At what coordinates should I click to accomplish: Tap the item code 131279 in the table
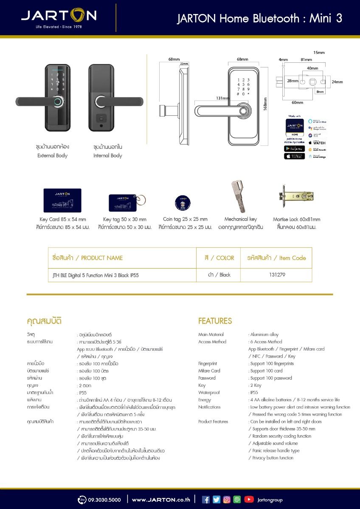[x=277, y=275]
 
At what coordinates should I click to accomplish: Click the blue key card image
[x=62, y=200]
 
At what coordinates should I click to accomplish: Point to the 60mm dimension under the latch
[x=297, y=103]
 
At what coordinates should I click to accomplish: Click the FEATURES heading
[x=215, y=321]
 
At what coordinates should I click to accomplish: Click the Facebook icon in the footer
[x=206, y=500]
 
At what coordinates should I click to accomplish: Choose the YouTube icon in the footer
[x=249, y=500]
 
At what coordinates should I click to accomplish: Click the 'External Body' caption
[x=52, y=156]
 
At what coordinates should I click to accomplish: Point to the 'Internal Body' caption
[x=108, y=156]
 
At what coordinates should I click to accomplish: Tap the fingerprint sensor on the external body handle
[x=58, y=102]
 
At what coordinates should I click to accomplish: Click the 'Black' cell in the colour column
[x=219, y=275]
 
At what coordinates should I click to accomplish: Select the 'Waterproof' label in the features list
[x=209, y=393]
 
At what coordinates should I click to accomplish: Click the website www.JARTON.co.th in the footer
[x=161, y=500]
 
